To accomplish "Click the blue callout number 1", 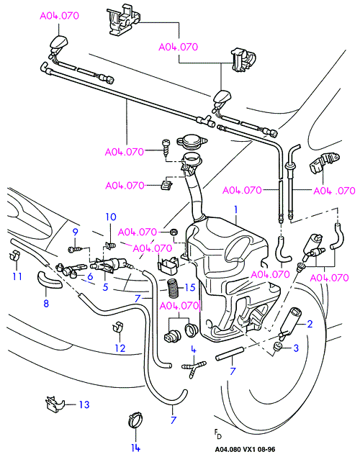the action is coord(236,209).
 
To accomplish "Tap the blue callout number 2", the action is coord(310,324).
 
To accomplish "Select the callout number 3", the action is coord(296,348).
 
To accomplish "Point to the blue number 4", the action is coord(194,350).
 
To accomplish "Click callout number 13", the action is coord(84,404).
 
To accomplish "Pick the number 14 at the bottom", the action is coord(135,448).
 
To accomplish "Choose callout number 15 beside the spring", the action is coord(190,287).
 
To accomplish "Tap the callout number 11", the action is coord(17,276).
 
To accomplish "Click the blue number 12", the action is coord(120,348).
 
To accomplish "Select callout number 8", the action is coord(46,304).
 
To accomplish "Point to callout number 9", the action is coord(75,232).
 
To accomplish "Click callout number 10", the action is coord(111,217).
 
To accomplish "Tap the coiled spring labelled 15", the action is coord(173,289).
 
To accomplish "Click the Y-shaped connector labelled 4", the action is coord(193,366).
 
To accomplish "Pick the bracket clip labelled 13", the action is coord(55,404).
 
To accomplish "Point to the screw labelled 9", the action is coord(76,250).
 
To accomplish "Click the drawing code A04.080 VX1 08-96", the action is coord(245,449).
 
